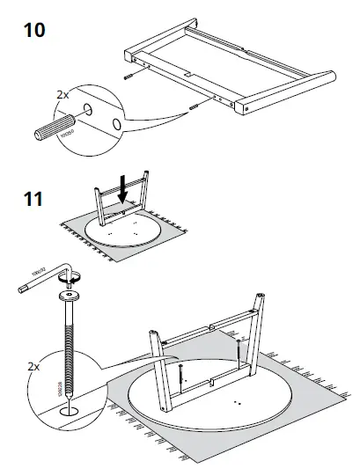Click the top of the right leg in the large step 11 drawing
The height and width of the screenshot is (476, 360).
(261, 299)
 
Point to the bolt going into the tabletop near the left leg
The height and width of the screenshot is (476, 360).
(180, 374)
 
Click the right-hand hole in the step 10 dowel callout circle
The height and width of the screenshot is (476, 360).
(116, 126)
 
